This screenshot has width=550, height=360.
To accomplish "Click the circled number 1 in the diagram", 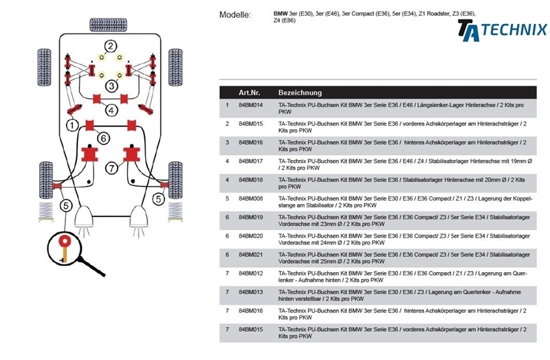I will coord(70,125).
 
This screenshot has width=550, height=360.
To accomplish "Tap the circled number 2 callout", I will coord(111,46).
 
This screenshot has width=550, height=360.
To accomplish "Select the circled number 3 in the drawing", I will coord(111,86).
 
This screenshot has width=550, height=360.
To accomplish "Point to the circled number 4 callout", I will coord(111,110).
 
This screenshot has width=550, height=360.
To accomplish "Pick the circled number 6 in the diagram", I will coord(102,138).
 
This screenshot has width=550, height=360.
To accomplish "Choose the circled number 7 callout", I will coord(112,167).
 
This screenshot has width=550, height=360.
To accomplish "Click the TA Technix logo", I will coord(502,30).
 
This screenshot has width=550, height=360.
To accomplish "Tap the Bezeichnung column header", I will coord(300,92).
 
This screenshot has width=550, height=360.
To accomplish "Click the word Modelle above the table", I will coord(235,14).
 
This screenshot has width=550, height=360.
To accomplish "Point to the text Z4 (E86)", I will coord(285,21).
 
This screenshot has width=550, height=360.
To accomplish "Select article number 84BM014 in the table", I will coord(251,105).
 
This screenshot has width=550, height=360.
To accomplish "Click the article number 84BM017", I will coord(251,161).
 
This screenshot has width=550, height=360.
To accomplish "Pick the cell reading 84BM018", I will coord(251,179).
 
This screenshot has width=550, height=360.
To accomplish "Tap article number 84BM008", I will coord(251,198).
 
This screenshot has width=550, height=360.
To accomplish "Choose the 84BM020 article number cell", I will coord(251,236).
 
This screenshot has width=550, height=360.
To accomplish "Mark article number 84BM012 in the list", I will coord(251,273).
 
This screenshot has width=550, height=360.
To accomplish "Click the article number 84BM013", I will coord(251,292).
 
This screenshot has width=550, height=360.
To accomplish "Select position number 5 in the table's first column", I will coord(227,198).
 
